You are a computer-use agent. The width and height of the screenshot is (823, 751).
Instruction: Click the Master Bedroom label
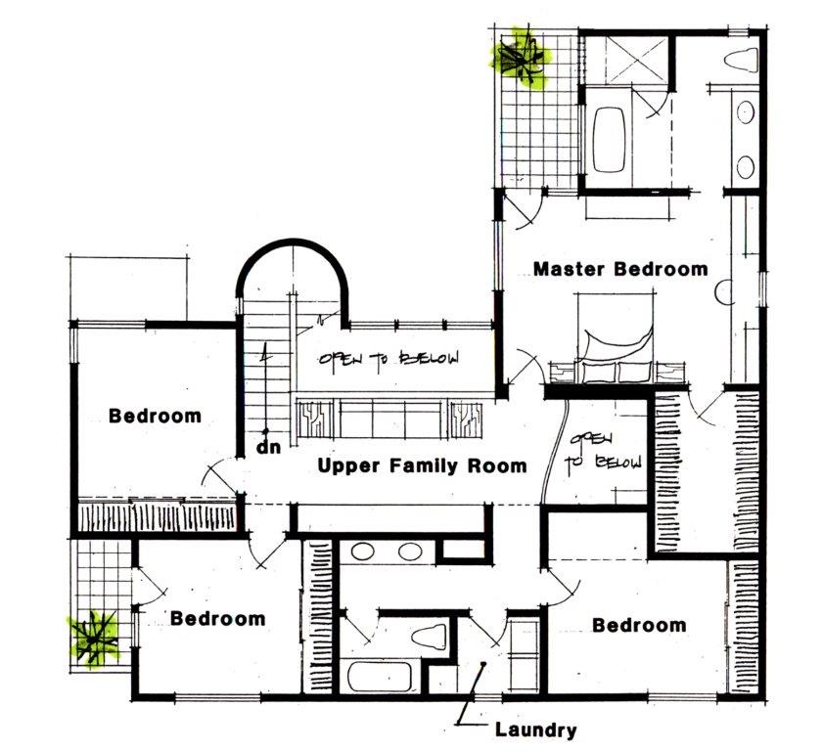tap(620, 269)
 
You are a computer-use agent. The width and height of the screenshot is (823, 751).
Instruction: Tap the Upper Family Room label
tap(422, 465)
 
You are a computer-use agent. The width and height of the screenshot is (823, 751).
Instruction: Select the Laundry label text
tap(536, 730)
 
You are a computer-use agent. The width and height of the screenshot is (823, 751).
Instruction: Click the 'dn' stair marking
tap(269, 448)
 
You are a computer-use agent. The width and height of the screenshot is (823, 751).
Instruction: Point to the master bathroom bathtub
tap(610, 139)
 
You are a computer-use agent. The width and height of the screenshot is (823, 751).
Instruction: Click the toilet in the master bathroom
tap(742, 60)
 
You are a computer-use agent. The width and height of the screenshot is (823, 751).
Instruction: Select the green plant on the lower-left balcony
tap(93, 639)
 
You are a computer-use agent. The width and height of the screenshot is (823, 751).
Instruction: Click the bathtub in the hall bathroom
tap(379, 677)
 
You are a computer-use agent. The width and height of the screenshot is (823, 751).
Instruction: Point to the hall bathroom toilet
tap(429, 637)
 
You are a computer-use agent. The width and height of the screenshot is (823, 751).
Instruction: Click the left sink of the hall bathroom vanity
tap(363, 552)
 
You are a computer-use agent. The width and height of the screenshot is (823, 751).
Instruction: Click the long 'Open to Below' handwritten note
tap(389, 358)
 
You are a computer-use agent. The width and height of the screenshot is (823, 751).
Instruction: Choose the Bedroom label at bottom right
tap(639, 625)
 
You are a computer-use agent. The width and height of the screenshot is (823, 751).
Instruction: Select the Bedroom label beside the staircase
tap(155, 416)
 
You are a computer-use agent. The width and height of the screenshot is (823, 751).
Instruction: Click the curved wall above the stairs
tap(293, 262)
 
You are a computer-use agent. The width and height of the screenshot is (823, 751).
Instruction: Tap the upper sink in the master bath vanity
tap(746, 112)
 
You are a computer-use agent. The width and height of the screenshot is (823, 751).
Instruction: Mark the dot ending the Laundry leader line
tap(483, 664)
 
